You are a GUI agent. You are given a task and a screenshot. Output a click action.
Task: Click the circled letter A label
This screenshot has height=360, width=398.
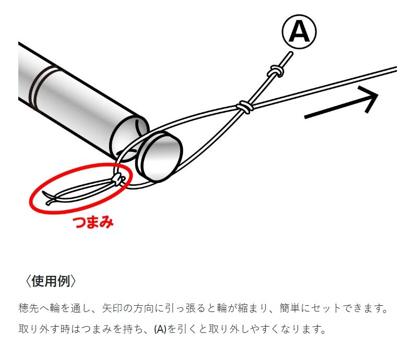[x=299, y=32]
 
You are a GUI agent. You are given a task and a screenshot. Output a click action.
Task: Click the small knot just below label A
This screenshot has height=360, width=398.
[x=277, y=70]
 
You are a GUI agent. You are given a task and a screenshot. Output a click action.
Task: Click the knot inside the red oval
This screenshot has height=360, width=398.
[x=120, y=180]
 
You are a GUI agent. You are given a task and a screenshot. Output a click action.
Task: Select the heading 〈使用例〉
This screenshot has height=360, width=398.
[x=51, y=282]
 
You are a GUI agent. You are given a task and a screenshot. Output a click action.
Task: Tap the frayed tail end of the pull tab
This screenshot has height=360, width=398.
[x=48, y=199]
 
